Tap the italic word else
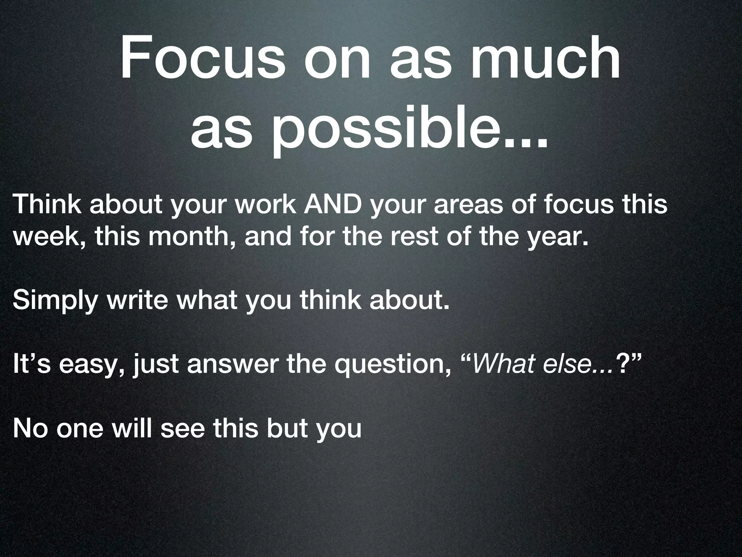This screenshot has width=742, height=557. coord(566,364)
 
